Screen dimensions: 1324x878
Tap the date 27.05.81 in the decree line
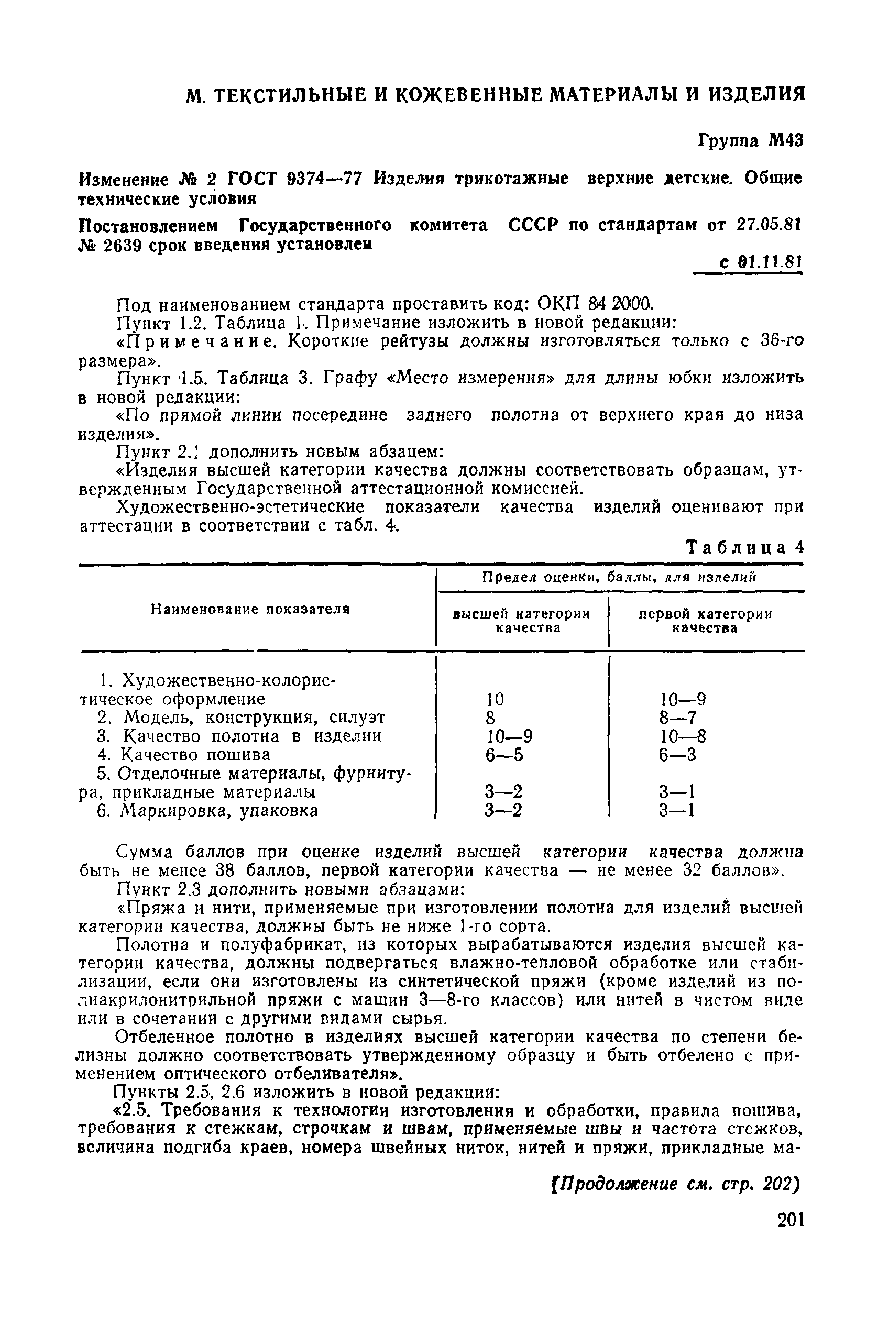point(769,225)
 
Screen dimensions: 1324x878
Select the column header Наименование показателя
point(250,609)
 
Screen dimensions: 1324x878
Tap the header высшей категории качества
point(521,621)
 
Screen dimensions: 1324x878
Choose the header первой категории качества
point(705,621)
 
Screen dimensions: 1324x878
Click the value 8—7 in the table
point(678,718)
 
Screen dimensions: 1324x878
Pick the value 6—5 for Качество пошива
point(504,755)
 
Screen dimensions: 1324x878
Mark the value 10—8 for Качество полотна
point(683,736)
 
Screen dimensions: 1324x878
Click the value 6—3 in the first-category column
point(677,755)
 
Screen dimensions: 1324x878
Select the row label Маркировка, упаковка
point(220,811)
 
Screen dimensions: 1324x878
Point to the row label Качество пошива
point(195,755)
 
